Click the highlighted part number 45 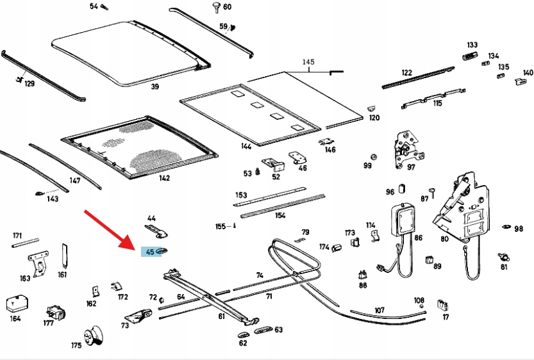click(x=150, y=252)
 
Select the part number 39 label click(x=154, y=86)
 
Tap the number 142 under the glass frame click(x=164, y=177)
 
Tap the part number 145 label click(x=308, y=62)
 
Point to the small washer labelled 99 click(x=374, y=157)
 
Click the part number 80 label click(x=444, y=238)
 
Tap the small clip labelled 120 click(x=371, y=109)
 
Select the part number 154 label click(x=280, y=215)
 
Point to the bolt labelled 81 click(x=504, y=258)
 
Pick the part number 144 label click(x=246, y=146)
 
